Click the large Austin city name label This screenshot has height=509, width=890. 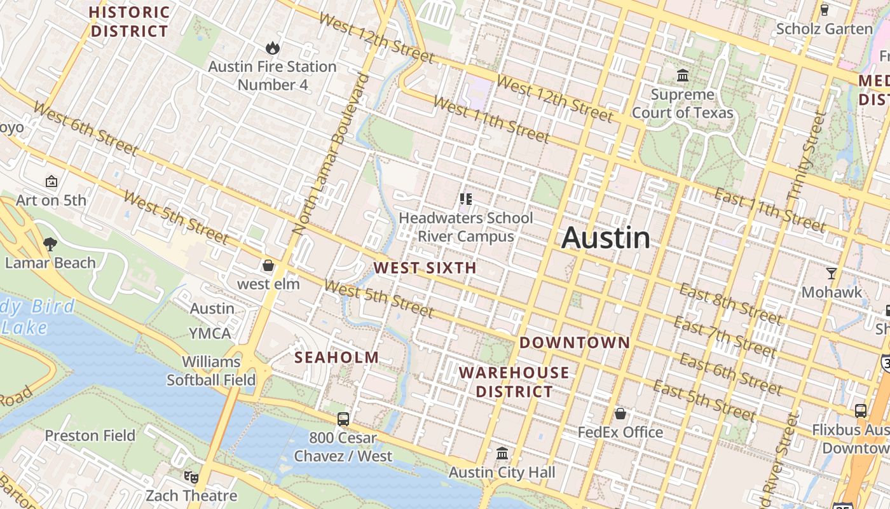pyautogui.click(x=606, y=238)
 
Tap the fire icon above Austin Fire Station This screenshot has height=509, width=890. pyautogui.click(x=273, y=48)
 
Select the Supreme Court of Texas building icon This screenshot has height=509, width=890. pyautogui.click(x=683, y=76)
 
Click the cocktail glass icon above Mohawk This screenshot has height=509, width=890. pyautogui.click(x=831, y=274)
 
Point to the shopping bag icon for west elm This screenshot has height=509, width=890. pyautogui.click(x=268, y=265)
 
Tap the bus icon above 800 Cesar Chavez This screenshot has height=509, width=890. pyautogui.click(x=343, y=419)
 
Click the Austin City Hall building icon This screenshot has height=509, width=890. pyautogui.click(x=502, y=454)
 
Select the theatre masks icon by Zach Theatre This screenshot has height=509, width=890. pyautogui.click(x=191, y=477)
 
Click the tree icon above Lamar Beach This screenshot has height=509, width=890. pyautogui.click(x=50, y=244)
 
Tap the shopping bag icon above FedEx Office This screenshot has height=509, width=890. pyautogui.click(x=620, y=414)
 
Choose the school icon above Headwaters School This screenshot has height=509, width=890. pyautogui.click(x=465, y=199)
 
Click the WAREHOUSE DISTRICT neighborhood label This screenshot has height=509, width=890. pyautogui.click(x=514, y=382)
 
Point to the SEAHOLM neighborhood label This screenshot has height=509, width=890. pyautogui.click(x=336, y=358)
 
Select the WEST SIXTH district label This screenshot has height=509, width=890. pyautogui.click(x=425, y=268)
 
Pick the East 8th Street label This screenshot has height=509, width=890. pyautogui.click(x=730, y=303)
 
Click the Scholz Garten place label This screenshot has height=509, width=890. pyautogui.click(x=825, y=29)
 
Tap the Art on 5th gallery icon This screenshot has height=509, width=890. pyautogui.click(x=51, y=182)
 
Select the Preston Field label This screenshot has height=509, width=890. pyautogui.click(x=90, y=436)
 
